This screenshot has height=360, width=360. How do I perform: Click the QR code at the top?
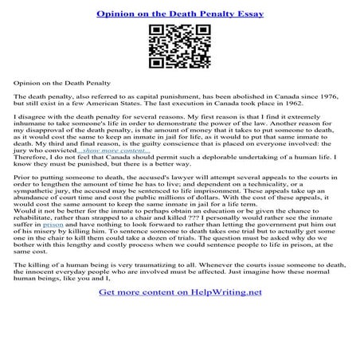(x=179, y=47)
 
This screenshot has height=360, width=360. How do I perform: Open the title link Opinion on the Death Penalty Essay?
(x=179, y=14)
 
